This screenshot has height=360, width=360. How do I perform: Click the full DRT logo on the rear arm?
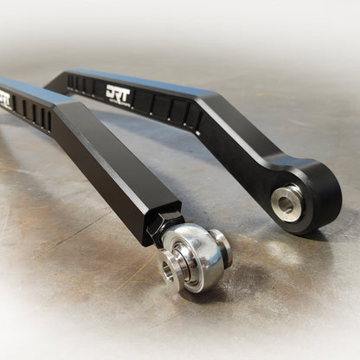point(119,93)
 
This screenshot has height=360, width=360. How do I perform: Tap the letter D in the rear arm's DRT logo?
point(110,92)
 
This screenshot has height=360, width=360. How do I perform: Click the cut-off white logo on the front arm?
point(4,99)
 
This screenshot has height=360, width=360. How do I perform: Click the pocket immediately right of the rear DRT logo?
point(142,102)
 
